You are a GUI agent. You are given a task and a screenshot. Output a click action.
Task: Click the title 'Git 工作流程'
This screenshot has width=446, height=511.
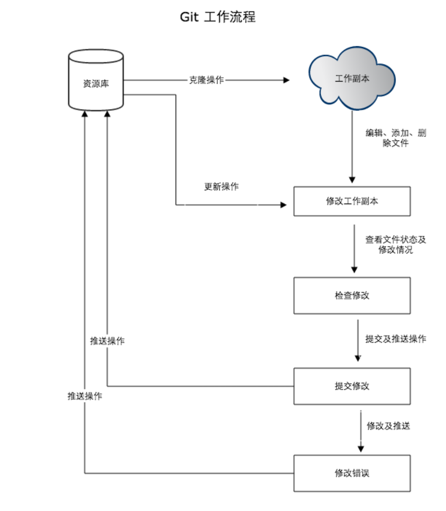218,17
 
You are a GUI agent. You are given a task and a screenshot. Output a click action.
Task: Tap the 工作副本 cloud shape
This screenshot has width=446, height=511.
352,79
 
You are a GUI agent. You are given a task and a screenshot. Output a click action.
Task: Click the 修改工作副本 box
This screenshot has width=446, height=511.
352,201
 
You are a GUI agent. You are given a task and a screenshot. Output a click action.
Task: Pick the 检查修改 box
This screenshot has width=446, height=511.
352,295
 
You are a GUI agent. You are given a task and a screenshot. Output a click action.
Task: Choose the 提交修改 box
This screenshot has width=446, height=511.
352,386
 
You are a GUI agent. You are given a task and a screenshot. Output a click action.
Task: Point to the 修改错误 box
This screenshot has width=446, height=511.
352,473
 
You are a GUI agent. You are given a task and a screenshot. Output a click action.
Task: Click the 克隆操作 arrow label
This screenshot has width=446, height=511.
206,80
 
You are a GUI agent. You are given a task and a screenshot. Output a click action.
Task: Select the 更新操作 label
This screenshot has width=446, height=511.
221,186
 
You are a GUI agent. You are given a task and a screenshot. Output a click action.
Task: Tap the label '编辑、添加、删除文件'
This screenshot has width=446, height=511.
396,138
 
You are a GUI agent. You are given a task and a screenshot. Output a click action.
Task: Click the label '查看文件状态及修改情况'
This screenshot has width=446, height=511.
396,245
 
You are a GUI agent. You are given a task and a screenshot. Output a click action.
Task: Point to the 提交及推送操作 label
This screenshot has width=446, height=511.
396,339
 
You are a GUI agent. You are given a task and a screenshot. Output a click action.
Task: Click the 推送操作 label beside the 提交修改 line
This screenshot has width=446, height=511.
107,341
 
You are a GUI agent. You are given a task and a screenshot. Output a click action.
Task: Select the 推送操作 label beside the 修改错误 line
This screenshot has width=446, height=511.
85,396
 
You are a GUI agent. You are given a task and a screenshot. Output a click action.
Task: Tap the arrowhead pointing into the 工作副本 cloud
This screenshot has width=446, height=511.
287,80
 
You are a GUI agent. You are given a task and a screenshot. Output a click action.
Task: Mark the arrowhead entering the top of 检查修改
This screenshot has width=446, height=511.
354,269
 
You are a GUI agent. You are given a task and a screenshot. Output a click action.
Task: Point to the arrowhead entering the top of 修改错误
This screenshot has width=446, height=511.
361,448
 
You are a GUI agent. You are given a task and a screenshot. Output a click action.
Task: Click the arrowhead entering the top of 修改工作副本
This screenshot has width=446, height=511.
353,180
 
